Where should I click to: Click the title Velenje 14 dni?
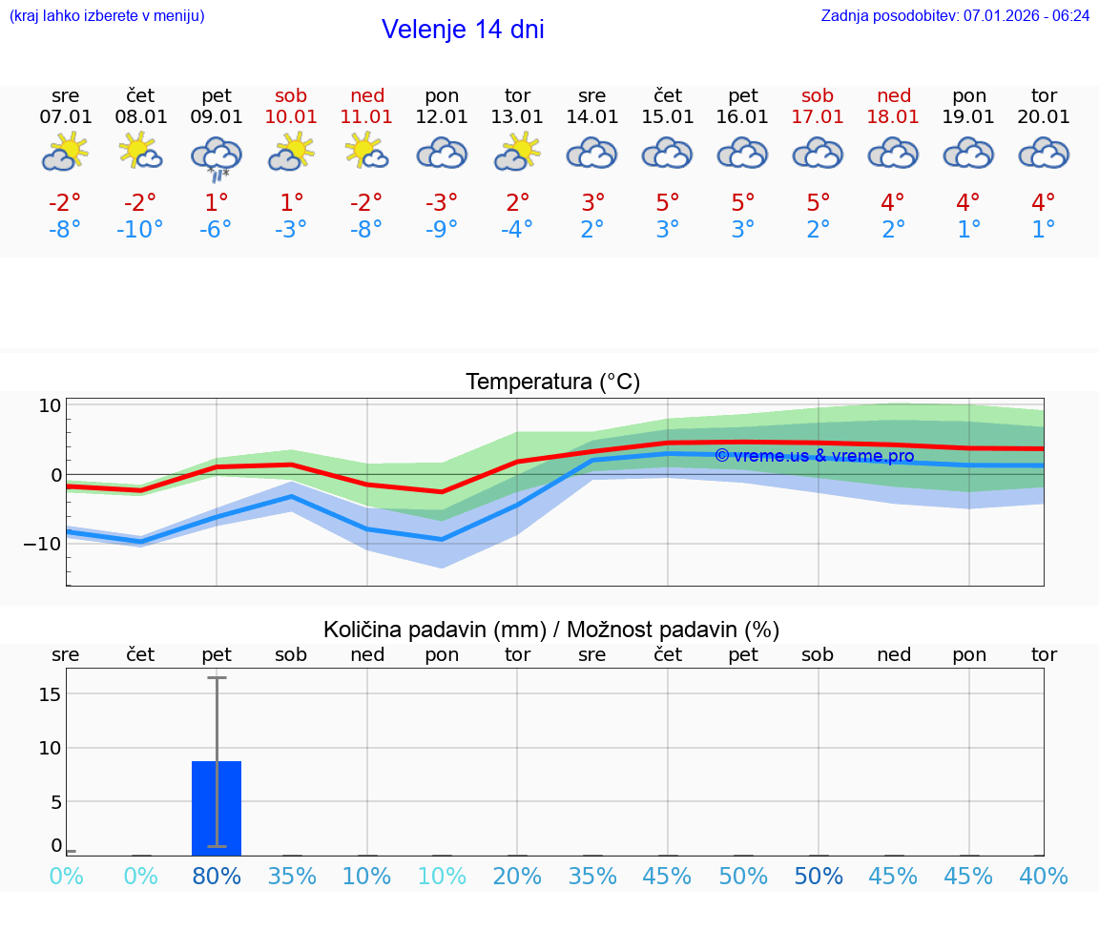click(x=463, y=30)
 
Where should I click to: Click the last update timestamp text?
click(x=955, y=16)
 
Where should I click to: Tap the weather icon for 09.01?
click(x=217, y=156)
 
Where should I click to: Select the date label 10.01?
click(x=291, y=117)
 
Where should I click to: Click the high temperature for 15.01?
click(x=668, y=202)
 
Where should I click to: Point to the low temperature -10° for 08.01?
click(x=140, y=230)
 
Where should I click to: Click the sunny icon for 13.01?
click(x=517, y=153)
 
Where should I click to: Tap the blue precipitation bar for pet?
click(x=217, y=808)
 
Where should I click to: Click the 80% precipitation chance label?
click(x=217, y=877)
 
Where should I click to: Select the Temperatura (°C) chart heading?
click(x=552, y=382)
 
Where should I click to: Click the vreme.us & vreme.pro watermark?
click(x=814, y=456)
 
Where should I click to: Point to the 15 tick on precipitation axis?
click(x=50, y=693)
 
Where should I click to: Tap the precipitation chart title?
click(x=551, y=630)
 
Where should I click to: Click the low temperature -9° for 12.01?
click(x=442, y=230)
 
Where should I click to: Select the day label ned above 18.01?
click(x=894, y=96)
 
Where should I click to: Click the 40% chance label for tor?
click(x=1044, y=877)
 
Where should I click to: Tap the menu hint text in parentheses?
click(x=107, y=16)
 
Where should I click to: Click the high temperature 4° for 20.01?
click(x=1044, y=202)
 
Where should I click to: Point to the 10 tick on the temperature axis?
click(x=50, y=405)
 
